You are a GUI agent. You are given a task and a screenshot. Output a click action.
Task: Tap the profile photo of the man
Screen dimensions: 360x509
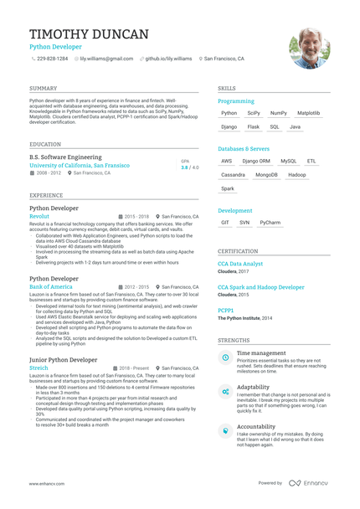point(309,48)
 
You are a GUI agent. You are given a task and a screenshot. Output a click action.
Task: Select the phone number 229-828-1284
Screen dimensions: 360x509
point(52,59)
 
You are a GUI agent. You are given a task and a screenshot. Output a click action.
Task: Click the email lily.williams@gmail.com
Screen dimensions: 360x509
point(106,59)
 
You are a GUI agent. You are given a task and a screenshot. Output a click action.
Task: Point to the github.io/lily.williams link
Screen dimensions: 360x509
point(168,59)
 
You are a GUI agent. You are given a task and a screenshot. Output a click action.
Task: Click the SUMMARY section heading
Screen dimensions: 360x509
point(44,88)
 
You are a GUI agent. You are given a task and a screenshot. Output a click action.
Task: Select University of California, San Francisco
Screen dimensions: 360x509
point(80,166)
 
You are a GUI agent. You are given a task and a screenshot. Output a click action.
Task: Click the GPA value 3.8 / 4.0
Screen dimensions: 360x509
point(190,167)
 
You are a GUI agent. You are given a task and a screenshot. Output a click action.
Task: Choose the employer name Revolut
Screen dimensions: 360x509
point(39,216)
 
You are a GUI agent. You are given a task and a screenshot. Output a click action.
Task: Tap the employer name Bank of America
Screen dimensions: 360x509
point(51,286)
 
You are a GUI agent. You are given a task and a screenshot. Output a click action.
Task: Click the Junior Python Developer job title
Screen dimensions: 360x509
point(64,359)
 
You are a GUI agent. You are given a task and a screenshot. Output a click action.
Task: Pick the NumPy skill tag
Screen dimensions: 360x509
point(279,112)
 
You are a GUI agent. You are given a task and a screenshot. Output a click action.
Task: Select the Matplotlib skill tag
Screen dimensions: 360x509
point(308,112)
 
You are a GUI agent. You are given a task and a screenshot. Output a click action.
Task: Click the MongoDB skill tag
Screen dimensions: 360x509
point(266,175)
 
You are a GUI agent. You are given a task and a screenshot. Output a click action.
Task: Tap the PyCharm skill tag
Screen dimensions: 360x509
point(270,223)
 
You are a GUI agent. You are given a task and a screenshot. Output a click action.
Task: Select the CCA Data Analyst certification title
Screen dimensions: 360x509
point(240,264)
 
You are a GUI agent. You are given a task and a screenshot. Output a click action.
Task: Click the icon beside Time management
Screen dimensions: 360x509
point(225,357)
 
